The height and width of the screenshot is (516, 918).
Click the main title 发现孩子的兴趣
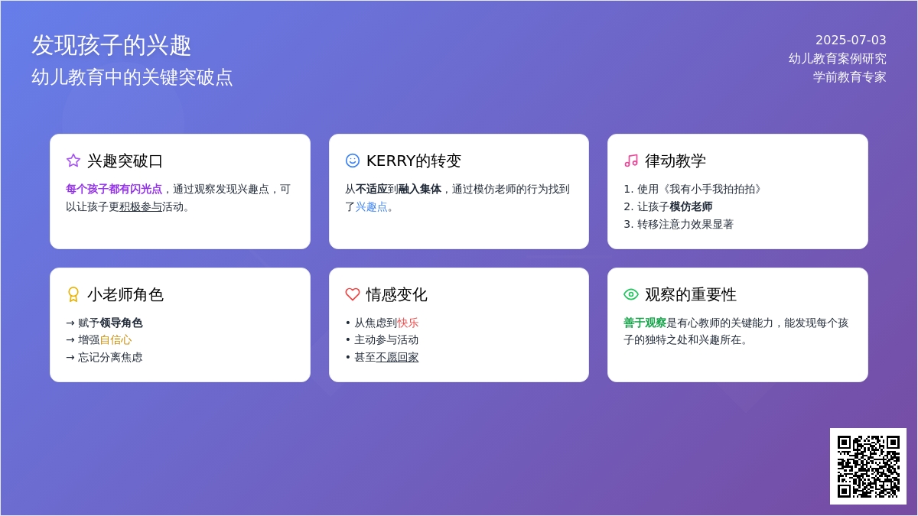point(111,45)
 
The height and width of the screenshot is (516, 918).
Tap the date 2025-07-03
point(851,40)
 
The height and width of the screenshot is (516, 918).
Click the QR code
point(868,466)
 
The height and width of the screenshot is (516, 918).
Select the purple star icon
point(73,161)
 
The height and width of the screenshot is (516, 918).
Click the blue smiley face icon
point(353,161)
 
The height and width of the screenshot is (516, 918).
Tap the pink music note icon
point(631,161)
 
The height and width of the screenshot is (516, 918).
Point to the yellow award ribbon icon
point(73,294)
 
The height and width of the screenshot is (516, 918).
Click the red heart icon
point(353,294)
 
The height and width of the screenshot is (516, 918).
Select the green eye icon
point(631,294)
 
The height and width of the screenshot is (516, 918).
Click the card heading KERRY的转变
point(414,161)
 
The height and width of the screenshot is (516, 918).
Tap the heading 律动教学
point(675,161)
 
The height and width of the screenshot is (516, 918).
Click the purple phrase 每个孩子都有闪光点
point(114,190)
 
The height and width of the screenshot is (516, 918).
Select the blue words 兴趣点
point(371,207)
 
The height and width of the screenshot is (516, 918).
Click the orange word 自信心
point(116,340)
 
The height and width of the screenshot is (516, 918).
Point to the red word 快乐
point(408,323)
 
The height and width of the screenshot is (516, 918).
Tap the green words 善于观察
point(645,323)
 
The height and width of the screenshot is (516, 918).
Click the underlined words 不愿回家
point(397,358)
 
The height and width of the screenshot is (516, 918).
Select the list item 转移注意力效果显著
point(685,225)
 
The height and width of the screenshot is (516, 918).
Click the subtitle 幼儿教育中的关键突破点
point(132,77)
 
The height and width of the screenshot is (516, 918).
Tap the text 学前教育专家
point(850,77)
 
